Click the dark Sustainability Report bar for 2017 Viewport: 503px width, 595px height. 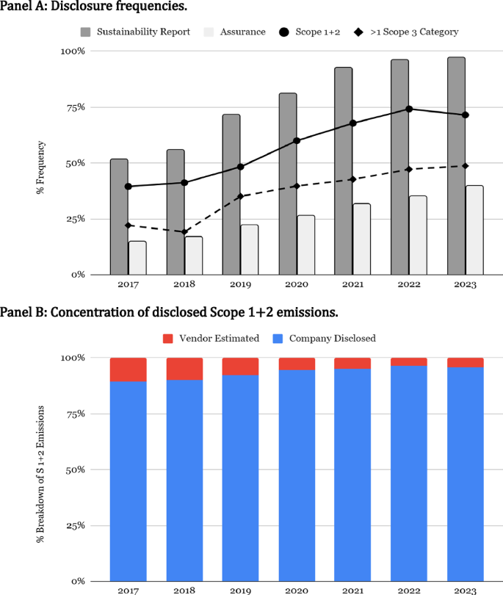(119, 217)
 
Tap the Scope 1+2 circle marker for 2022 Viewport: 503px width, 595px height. (409, 109)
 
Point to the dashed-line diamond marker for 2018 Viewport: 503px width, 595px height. (184, 232)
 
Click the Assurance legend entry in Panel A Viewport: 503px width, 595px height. (235, 32)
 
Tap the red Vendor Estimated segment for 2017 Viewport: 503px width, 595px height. (129, 369)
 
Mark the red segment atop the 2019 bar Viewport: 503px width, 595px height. (241, 367)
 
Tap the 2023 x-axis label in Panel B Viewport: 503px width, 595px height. (466, 588)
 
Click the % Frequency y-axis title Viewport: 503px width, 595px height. (40, 167)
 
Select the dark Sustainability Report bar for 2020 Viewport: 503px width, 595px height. (288, 184)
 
